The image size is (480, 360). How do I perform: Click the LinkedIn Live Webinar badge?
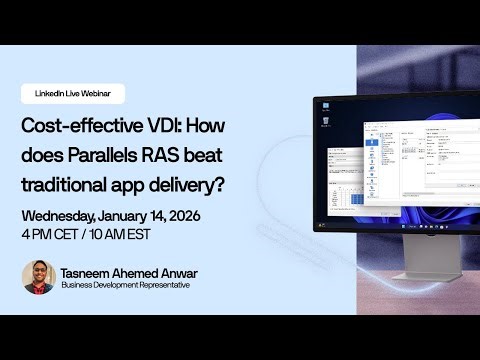pos(72,93)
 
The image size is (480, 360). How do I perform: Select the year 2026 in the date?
pos(232,217)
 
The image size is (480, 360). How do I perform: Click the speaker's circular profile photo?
pos(39,277)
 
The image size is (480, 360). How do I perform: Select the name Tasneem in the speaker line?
pos(89,271)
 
